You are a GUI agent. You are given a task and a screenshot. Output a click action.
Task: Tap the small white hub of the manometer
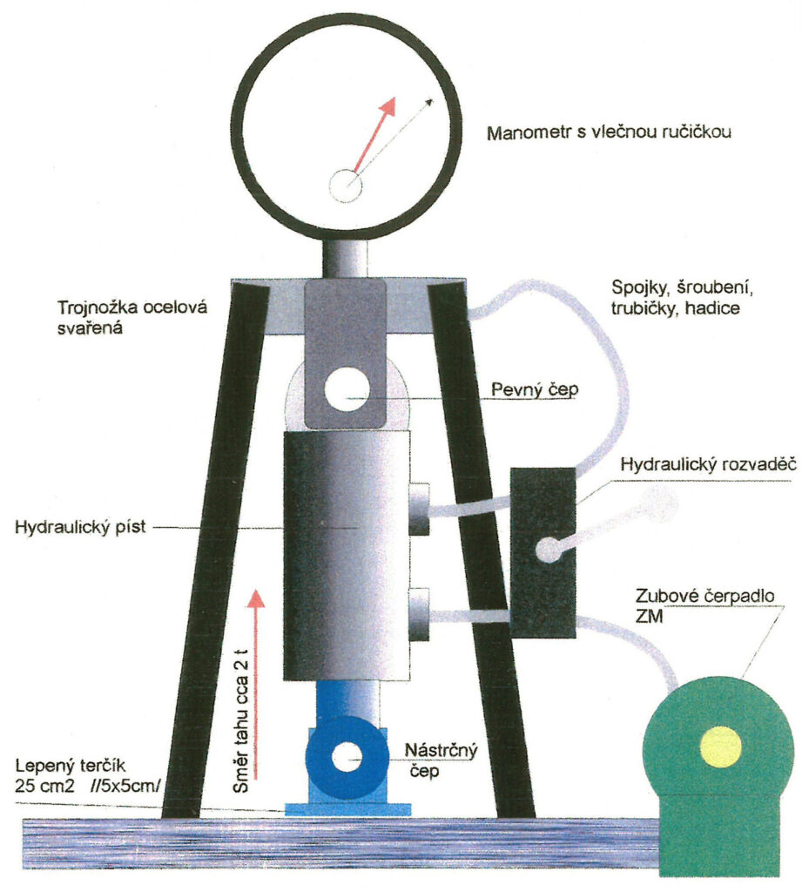point(345,185)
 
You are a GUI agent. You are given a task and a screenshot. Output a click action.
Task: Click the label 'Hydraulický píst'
point(82,527)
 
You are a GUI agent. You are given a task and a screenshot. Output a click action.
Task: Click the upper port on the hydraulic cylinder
point(421,509)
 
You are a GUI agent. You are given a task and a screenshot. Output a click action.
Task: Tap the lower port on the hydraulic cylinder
point(421,614)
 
